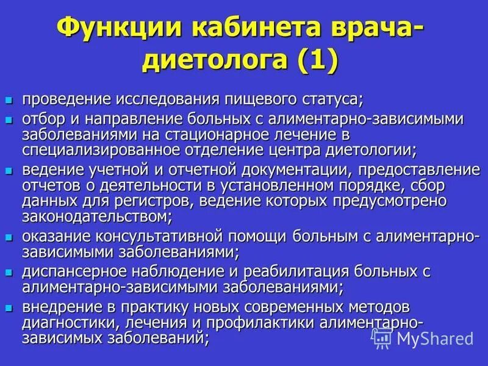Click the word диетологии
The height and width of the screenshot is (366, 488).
pyautogui.click(x=363, y=148)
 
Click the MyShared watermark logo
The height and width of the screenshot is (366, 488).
pyautogui.click(x=423, y=337)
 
